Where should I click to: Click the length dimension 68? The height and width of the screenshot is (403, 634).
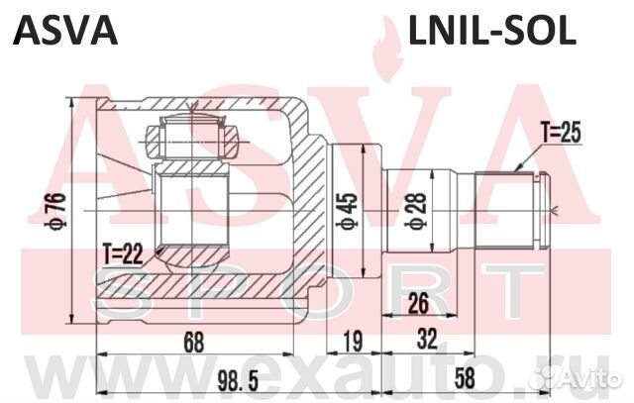click(194, 344)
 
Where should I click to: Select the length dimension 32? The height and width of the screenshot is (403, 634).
click(426, 344)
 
